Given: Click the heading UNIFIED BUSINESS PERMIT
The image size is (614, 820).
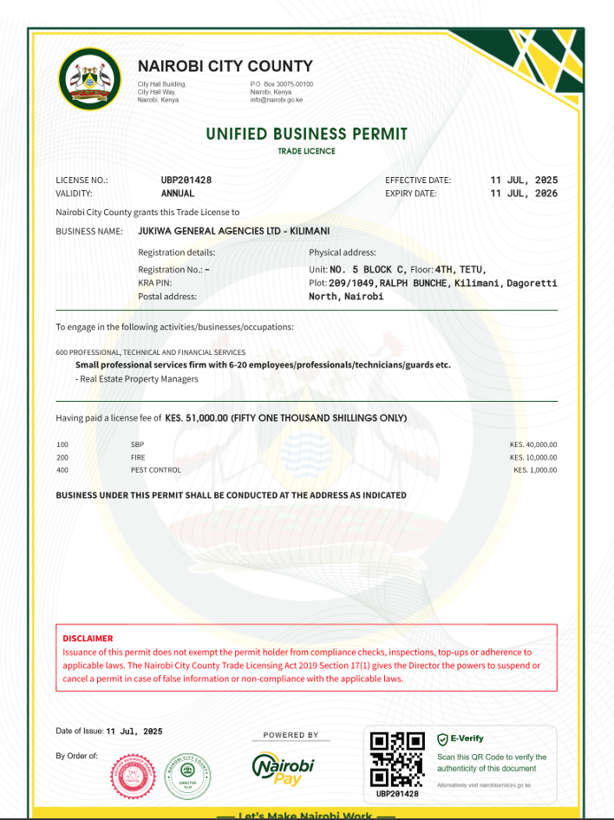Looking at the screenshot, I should [x=306, y=134].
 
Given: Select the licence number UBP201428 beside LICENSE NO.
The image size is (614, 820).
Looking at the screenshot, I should [x=186, y=180].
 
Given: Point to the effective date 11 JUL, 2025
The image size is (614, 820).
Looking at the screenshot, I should [x=524, y=180].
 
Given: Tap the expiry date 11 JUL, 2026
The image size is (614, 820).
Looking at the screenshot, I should [x=524, y=194].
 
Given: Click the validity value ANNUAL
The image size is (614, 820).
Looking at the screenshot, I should [x=178, y=194].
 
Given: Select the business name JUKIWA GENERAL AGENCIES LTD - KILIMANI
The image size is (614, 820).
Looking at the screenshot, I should [x=233, y=232].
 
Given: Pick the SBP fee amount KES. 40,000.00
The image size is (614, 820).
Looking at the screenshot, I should [x=533, y=444].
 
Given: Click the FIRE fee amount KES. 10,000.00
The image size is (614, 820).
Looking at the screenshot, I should [x=533, y=457].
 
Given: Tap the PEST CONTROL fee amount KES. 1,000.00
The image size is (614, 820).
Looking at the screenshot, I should [x=535, y=470].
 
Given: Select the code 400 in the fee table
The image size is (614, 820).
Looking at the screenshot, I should [x=62, y=470].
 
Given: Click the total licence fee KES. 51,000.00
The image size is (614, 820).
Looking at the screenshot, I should [x=197, y=418].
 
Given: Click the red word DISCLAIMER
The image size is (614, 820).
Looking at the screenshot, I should [x=88, y=639].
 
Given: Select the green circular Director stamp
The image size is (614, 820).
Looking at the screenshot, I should [x=187, y=776].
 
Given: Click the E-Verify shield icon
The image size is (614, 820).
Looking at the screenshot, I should [x=442, y=739].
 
